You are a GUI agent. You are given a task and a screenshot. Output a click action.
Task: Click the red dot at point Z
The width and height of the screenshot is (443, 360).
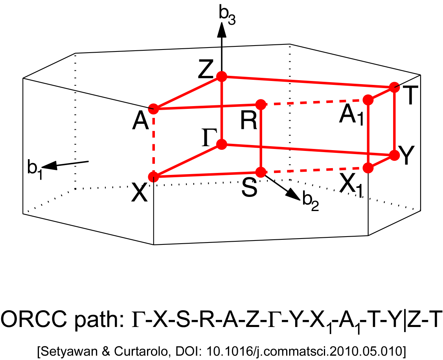tap(222, 76)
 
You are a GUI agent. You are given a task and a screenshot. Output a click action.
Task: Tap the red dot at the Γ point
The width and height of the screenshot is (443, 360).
tap(222, 145)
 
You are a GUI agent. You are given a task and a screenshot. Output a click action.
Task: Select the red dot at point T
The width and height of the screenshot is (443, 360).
tap(394, 87)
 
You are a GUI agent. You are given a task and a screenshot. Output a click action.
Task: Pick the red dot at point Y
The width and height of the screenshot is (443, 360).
tap(394, 155)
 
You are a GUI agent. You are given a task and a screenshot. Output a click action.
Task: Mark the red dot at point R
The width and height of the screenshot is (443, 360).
tap(261, 105)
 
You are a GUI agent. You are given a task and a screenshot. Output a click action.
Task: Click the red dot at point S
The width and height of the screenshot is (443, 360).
tap(261, 172)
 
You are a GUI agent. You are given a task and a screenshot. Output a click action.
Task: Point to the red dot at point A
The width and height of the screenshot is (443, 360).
tap(153, 108)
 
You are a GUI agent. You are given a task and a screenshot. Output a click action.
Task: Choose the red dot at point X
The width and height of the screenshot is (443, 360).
tap(153, 177)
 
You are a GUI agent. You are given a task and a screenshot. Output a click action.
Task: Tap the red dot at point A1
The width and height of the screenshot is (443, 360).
tap(368, 100)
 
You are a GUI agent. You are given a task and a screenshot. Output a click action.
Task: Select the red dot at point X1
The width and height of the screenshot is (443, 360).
tap(368, 168)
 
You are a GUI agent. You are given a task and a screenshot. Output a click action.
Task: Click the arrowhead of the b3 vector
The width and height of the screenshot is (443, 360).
tap(222, 28)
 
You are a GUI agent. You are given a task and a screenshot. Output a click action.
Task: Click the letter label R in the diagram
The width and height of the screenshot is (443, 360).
tap(249, 122)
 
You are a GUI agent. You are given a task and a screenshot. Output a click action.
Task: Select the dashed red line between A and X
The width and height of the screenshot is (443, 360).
tap(153, 143)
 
